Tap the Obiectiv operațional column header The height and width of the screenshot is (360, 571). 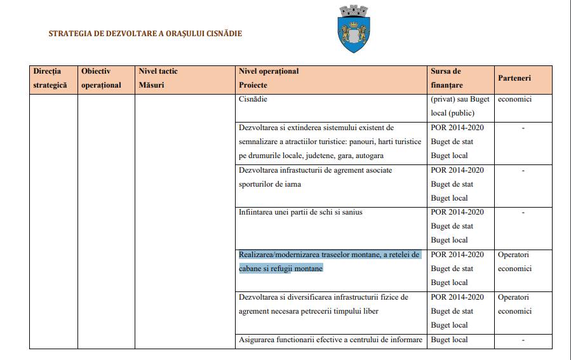[101, 78]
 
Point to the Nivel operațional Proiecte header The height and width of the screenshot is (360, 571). [268, 78]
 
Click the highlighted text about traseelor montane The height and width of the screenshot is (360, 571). [329, 262]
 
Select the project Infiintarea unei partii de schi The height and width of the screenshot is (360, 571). [300, 212]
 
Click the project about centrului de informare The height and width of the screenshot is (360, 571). [330, 340]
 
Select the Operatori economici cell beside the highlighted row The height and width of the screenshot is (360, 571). [514, 262]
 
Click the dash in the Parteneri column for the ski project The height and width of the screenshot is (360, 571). [523, 213]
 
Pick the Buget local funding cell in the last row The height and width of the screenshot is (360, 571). [449, 340]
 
